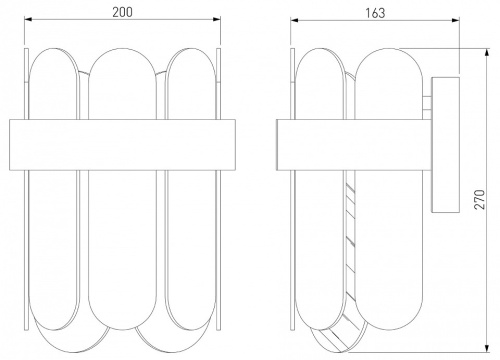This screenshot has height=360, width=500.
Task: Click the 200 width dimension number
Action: point(122,12)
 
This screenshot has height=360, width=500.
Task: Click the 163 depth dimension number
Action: point(375,13)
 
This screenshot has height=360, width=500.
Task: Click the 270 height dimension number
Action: point(479,199)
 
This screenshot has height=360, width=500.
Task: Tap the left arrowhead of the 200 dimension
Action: point(28,19)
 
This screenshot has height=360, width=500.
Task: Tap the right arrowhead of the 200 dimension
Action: point(217,19)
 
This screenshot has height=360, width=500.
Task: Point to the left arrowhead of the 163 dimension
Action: point(294,20)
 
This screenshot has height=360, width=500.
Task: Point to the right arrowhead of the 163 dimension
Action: point(456,20)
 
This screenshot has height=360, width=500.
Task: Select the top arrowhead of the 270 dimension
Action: point(487,53)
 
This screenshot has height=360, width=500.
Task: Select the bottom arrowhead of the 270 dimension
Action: point(487,347)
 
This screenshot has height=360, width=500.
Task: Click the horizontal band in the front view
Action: point(122,145)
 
